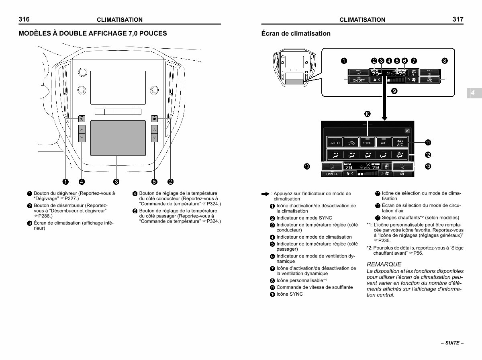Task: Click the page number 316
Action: click(24, 19)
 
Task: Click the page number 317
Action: click(457, 19)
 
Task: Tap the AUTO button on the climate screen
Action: click(335, 143)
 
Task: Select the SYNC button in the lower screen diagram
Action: click(367, 143)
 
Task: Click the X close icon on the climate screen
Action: click(407, 131)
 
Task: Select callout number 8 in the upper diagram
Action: click(444, 61)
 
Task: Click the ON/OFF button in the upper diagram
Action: click(358, 80)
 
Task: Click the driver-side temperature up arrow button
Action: click(82, 129)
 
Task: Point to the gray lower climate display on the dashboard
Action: click(118, 138)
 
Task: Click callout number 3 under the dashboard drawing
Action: click(116, 182)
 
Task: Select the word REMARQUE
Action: click(384, 264)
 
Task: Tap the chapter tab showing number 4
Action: click(473, 93)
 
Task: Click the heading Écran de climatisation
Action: click(296, 34)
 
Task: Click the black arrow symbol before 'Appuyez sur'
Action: click(265, 194)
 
